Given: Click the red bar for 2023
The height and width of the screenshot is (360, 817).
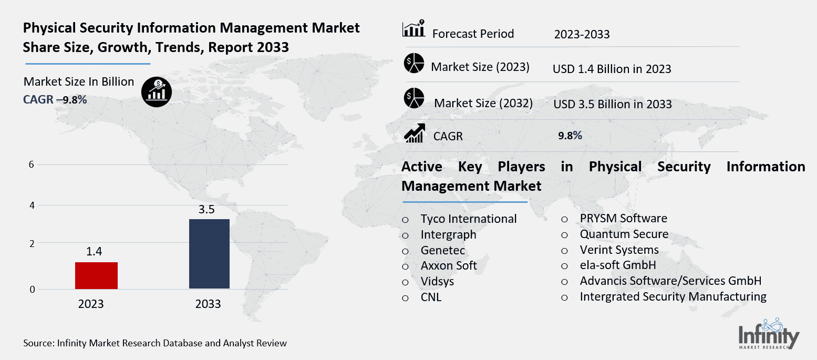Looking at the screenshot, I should point(96,275).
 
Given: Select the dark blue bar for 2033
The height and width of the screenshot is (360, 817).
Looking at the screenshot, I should point(209,254).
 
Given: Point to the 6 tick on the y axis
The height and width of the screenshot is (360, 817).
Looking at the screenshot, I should point(32,164).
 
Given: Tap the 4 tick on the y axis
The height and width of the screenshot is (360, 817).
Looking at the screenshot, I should point(32,205).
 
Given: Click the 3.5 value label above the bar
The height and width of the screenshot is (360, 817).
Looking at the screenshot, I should point(206,210).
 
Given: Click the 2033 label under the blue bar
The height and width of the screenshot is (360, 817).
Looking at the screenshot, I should point(208,304).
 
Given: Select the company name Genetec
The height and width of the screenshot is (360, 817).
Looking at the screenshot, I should point(442,250).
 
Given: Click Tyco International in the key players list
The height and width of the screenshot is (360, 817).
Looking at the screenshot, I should point(468,219).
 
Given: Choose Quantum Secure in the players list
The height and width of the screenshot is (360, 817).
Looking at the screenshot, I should point(624,234).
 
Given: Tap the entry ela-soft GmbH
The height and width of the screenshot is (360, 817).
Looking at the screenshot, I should point(617,265).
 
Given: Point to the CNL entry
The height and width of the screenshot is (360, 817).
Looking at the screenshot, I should point(431,297).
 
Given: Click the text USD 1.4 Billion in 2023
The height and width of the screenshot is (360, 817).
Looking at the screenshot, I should point(612,69).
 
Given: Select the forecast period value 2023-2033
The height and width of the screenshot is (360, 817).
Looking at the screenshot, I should point(582,35).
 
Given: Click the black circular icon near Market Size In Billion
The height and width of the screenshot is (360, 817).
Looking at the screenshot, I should point(156,92).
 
